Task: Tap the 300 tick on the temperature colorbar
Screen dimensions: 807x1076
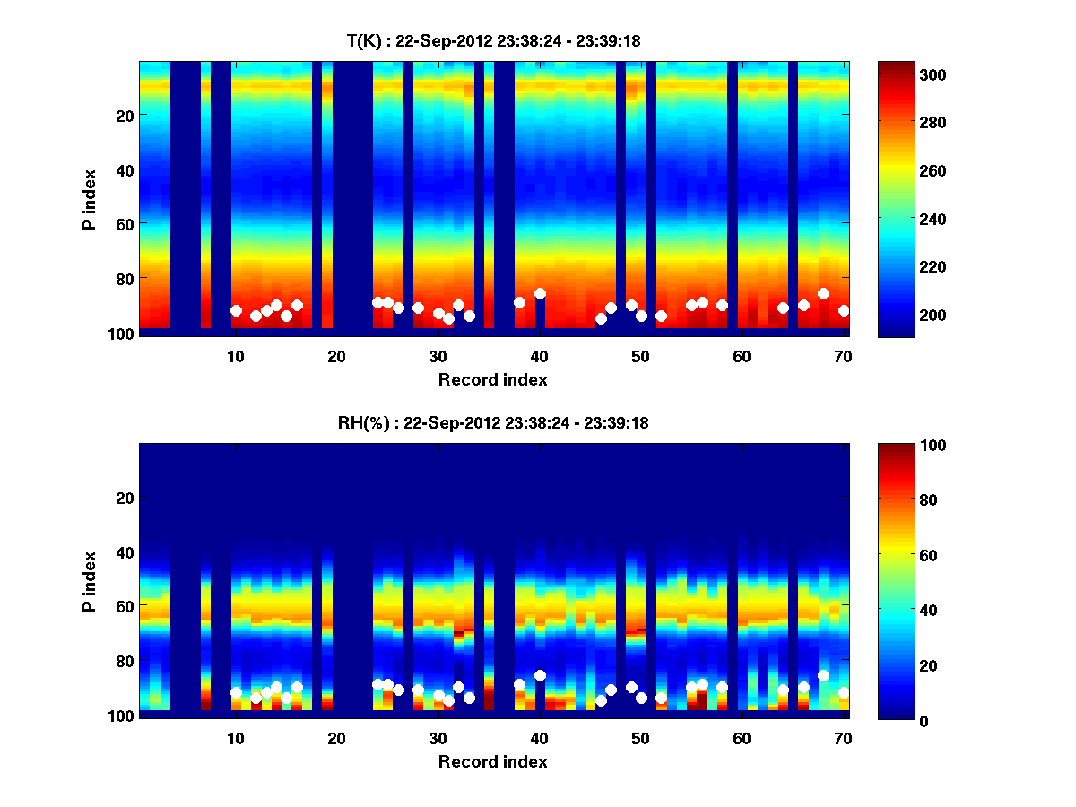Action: click(x=902, y=74)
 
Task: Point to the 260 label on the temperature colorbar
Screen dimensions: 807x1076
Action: click(x=902, y=170)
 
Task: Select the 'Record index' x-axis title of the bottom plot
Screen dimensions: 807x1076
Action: click(x=492, y=762)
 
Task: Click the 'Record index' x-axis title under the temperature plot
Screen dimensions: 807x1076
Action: click(x=492, y=380)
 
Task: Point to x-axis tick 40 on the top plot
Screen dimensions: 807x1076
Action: click(x=539, y=356)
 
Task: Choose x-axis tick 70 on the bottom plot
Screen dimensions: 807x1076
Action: click(x=843, y=738)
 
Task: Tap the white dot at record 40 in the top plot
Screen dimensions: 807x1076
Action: click(x=540, y=293)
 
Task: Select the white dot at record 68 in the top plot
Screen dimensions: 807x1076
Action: click(x=823, y=293)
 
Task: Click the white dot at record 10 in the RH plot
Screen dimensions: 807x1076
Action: click(x=236, y=692)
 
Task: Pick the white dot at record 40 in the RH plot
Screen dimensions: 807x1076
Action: click(x=540, y=675)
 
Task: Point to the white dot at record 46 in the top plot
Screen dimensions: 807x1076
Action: click(x=601, y=318)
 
